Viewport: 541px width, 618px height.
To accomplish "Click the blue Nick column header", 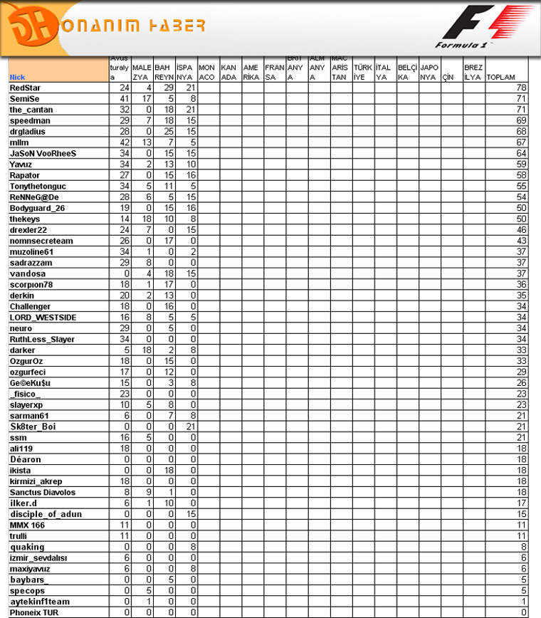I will pyautogui.click(x=17, y=77).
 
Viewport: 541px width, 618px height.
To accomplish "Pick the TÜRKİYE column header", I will pyautogui.click(x=363, y=73).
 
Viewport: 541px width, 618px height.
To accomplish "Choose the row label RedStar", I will pyautogui.click(x=25, y=88).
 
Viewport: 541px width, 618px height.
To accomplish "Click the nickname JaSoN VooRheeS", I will pyautogui.click(x=43, y=153).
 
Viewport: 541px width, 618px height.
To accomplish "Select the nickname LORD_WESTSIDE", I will pyautogui.click(x=43, y=317).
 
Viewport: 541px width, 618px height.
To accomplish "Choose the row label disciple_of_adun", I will pyautogui.click(x=46, y=514).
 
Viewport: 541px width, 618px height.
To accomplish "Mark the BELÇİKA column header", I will pyautogui.click(x=407, y=73).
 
